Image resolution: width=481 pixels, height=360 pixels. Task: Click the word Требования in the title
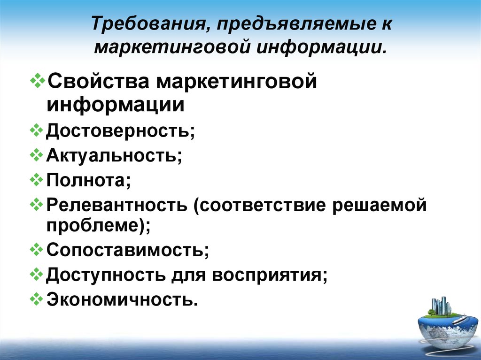(x=149, y=23)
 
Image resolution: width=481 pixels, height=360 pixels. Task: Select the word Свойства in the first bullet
(x=99, y=81)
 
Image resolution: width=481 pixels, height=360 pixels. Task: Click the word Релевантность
(x=116, y=205)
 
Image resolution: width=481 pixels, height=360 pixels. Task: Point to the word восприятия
(x=267, y=275)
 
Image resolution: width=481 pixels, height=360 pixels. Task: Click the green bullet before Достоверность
(x=36, y=130)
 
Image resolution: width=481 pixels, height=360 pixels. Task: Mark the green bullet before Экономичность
(x=36, y=299)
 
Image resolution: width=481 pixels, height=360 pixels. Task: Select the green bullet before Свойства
(x=38, y=81)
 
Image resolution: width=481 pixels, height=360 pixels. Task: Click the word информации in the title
(x=321, y=48)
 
